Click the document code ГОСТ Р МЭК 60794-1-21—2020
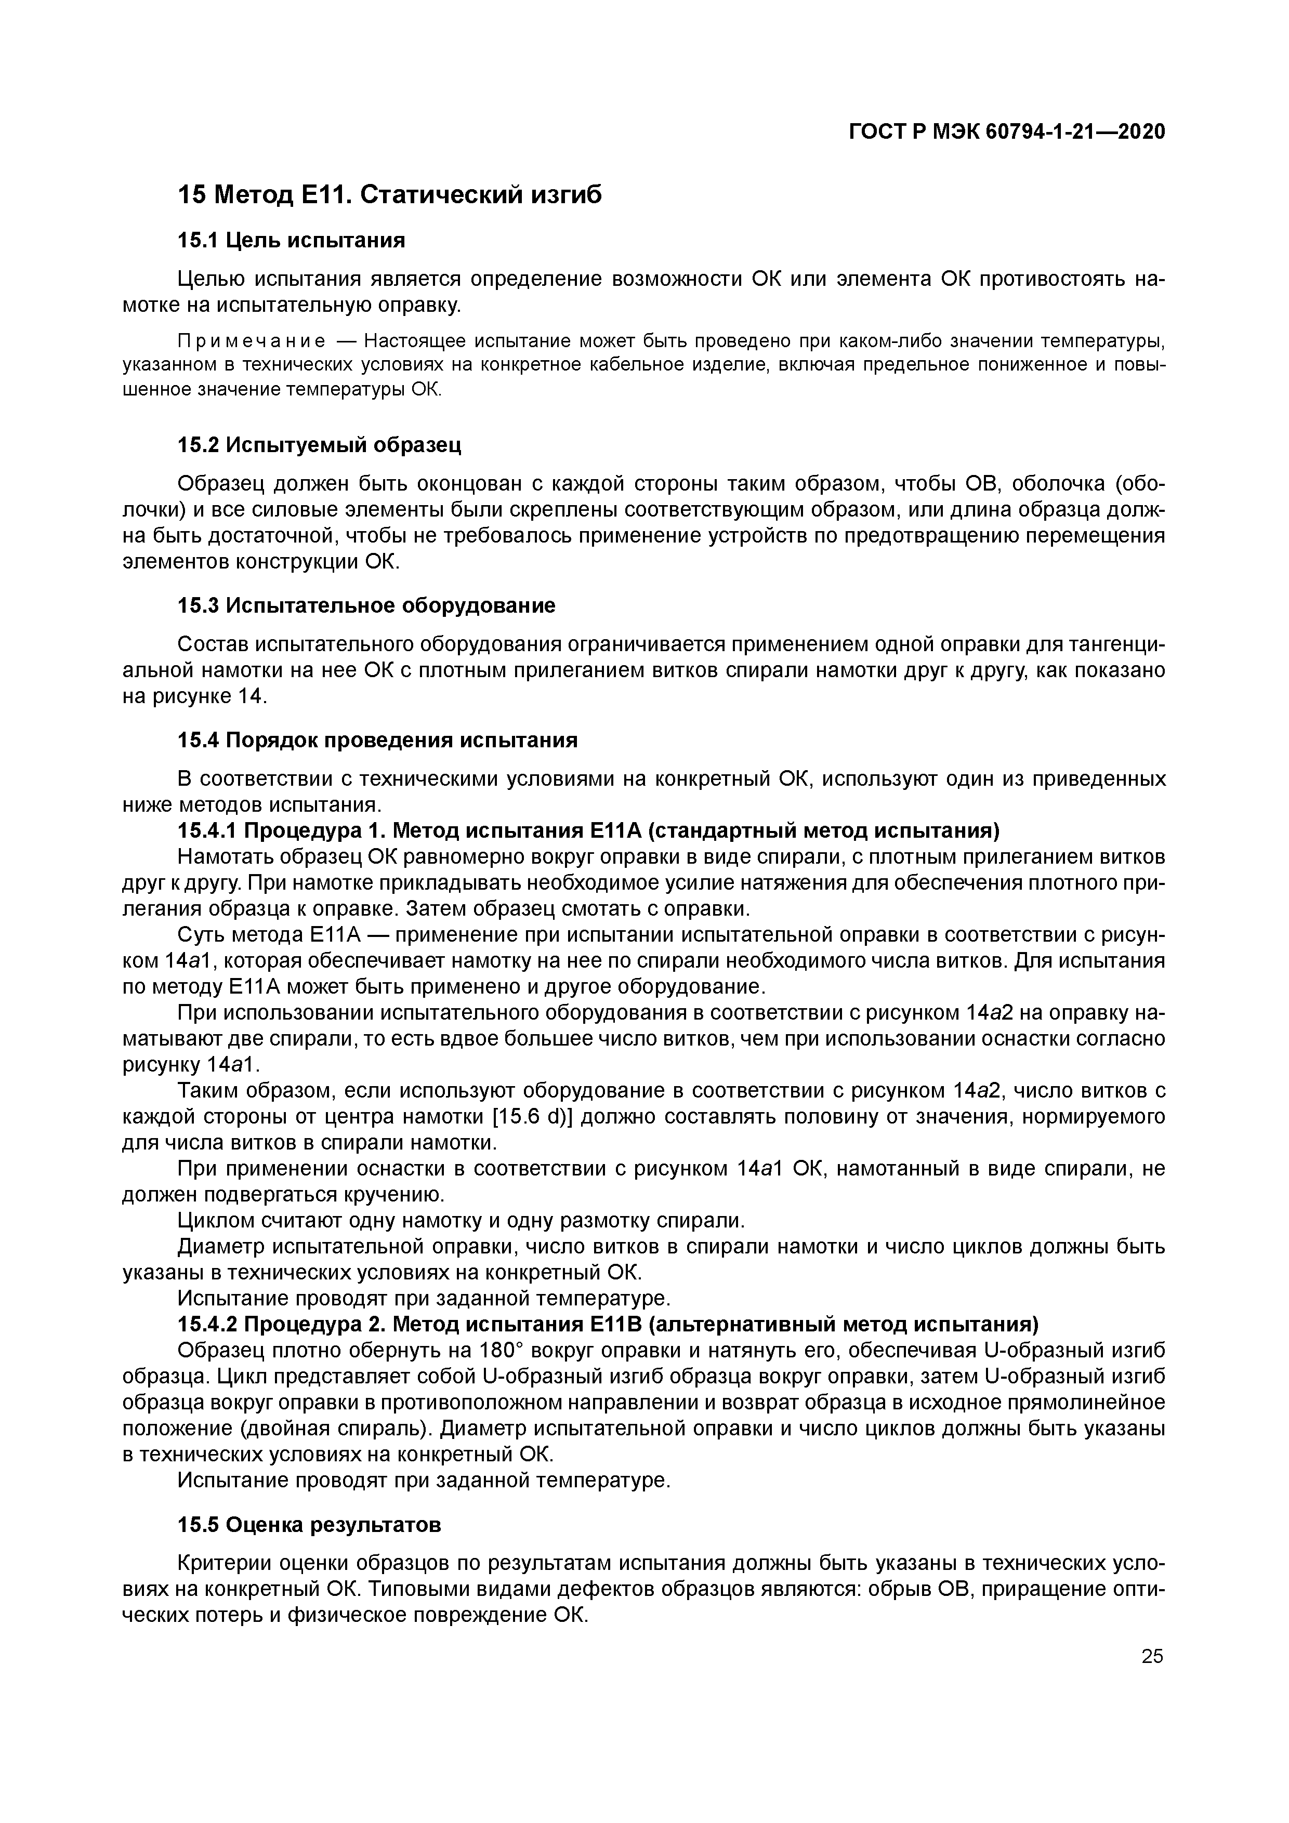pyautogui.click(x=1007, y=132)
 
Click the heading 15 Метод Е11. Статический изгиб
pyautogui.click(x=389, y=194)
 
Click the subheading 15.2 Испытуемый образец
pyautogui.click(x=319, y=445)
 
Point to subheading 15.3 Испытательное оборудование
pyautogui.click(x=365, y=606)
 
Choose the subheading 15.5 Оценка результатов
pyautogui.click(x=308, y=1525)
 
